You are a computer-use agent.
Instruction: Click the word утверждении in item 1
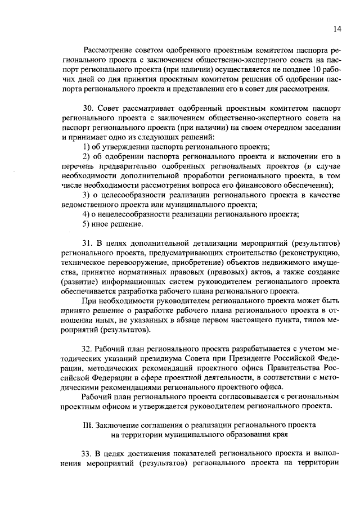point(126,146)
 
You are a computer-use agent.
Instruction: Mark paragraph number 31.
point(88,243)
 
